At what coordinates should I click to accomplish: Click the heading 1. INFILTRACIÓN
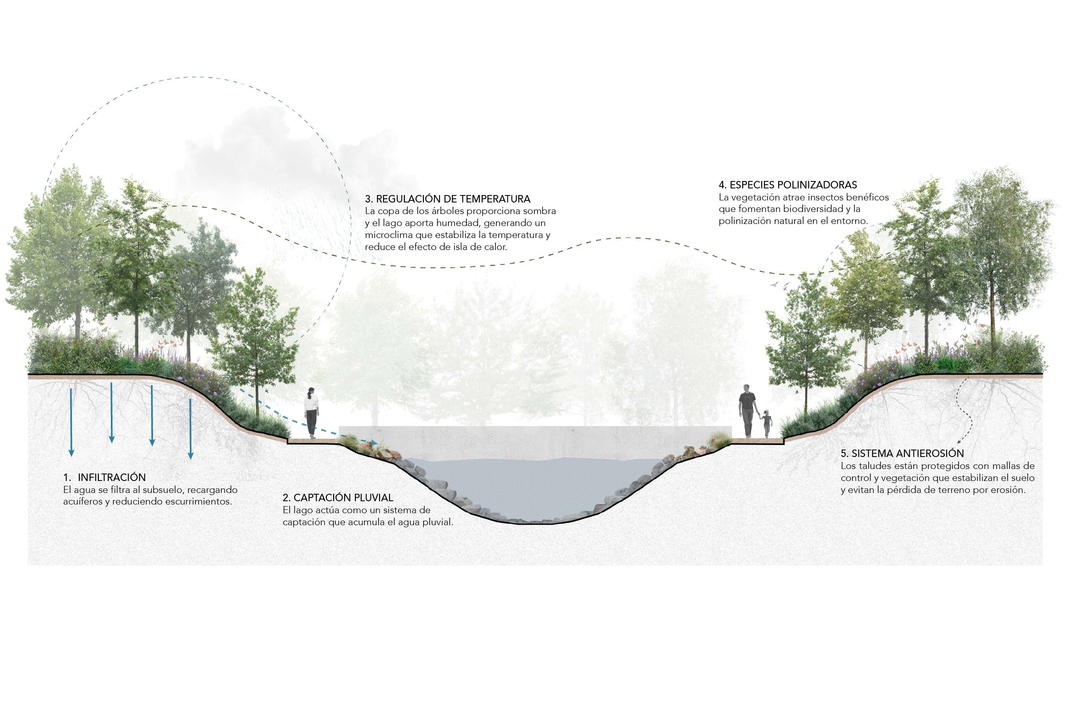coord(104,477)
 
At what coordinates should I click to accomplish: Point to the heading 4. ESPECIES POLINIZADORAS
coord(787,184)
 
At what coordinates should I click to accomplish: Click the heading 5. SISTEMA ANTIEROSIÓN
coord(902,453)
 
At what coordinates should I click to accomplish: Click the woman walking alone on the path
coord(311,412)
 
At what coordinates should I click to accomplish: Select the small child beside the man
coord(767,424)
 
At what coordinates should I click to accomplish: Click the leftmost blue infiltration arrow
coord(71,422)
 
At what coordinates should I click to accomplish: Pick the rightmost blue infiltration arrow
coord(191,429)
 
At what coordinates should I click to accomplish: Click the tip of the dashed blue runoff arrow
coord(377,443)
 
